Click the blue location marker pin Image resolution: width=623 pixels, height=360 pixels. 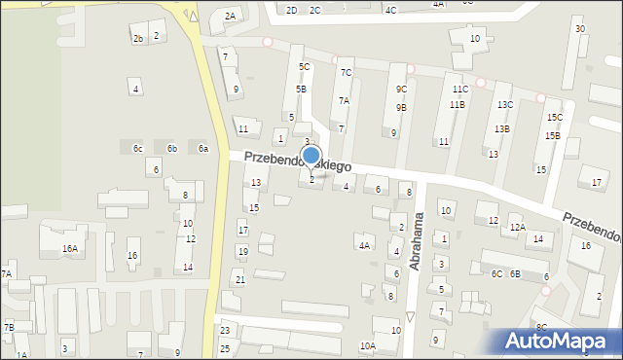(x=311, y=157)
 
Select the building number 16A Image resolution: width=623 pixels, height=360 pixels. (x=70, y=249)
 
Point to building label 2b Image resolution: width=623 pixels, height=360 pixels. (x=138, y=39)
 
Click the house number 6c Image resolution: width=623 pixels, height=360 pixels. (x=138, y=149)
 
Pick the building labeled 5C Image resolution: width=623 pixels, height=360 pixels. (x=304, y=67)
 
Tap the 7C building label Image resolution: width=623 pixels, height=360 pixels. (x=346, y=73)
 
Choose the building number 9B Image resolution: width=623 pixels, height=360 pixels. (x=401, y=108)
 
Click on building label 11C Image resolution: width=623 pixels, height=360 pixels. (x=460, y=90)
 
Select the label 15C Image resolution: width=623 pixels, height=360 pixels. (x=554, y=118)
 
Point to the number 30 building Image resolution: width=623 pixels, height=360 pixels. (x=580, y=29)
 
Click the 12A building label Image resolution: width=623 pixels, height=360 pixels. (x=518, y=228)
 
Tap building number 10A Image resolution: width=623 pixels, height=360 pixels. (x=367, y=346)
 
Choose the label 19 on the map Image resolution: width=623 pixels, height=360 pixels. (x=242, y=252)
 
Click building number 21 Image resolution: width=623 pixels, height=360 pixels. (x=239, y=280)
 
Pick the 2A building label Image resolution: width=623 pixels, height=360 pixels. (x=230, y=17)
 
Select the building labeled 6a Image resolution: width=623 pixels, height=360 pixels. (x=203, y=149)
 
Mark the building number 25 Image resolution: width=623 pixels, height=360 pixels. (x=225, y=348)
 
